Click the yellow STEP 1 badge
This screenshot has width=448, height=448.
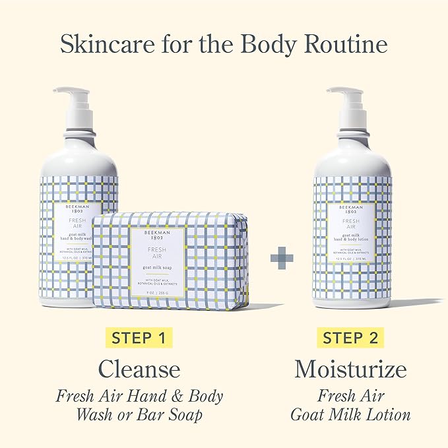(x=138, y=338)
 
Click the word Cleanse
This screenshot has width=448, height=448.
(x=139, y=368)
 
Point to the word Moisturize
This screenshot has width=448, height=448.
(x=351, y=368)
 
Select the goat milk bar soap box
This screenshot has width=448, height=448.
(x=171, y=261)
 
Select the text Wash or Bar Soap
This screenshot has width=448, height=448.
(x=139, y=414)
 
